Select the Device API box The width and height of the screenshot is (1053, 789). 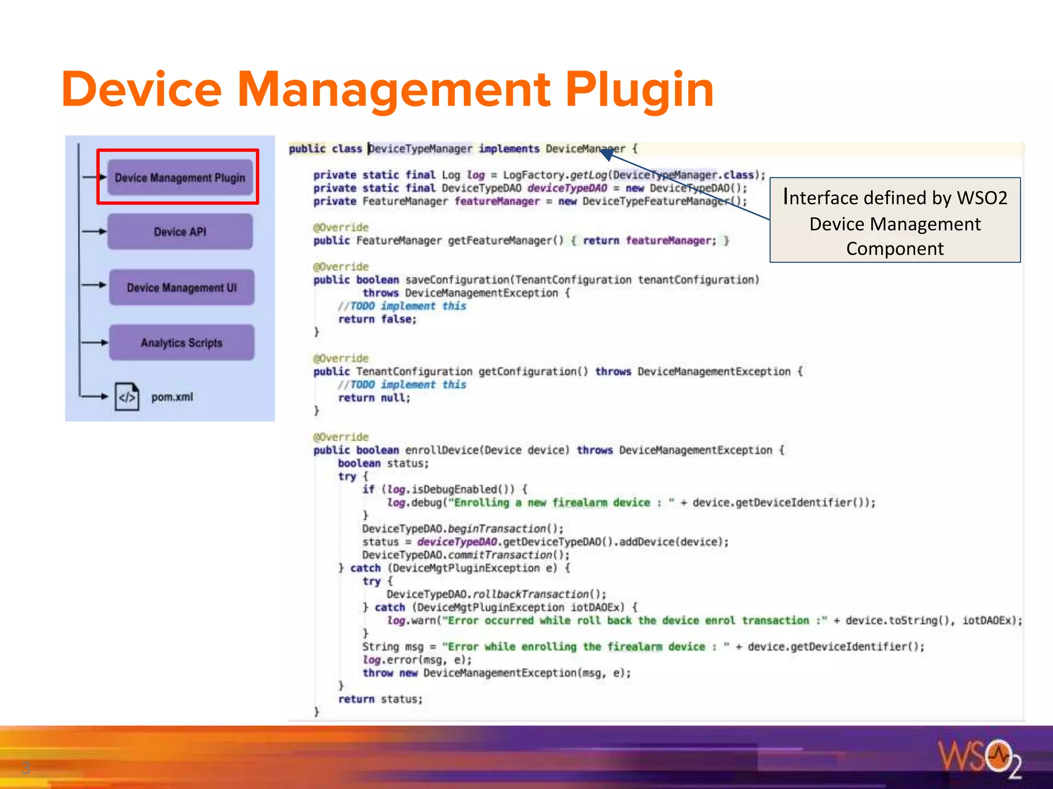click(180, 232)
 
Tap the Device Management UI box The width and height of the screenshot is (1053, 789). click(181, 287)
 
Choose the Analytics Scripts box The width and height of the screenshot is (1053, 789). click(181, 343)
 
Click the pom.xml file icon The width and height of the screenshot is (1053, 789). click(126, 397)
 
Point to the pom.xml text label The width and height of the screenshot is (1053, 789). click(172, 397)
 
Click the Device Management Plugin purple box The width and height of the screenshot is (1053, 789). click(180, 178)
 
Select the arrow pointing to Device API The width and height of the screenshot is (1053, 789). click(94, 232)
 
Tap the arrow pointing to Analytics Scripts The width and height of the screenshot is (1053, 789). click(95, 343)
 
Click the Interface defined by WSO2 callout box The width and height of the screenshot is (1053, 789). click(895, 220)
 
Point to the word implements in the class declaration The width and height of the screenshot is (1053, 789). click(509, 149)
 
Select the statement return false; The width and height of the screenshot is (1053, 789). click(377, 319)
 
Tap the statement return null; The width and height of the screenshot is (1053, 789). click(374, 398)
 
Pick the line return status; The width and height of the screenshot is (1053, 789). click(380, 699)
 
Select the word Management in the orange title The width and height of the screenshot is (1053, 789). click(393, 90)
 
